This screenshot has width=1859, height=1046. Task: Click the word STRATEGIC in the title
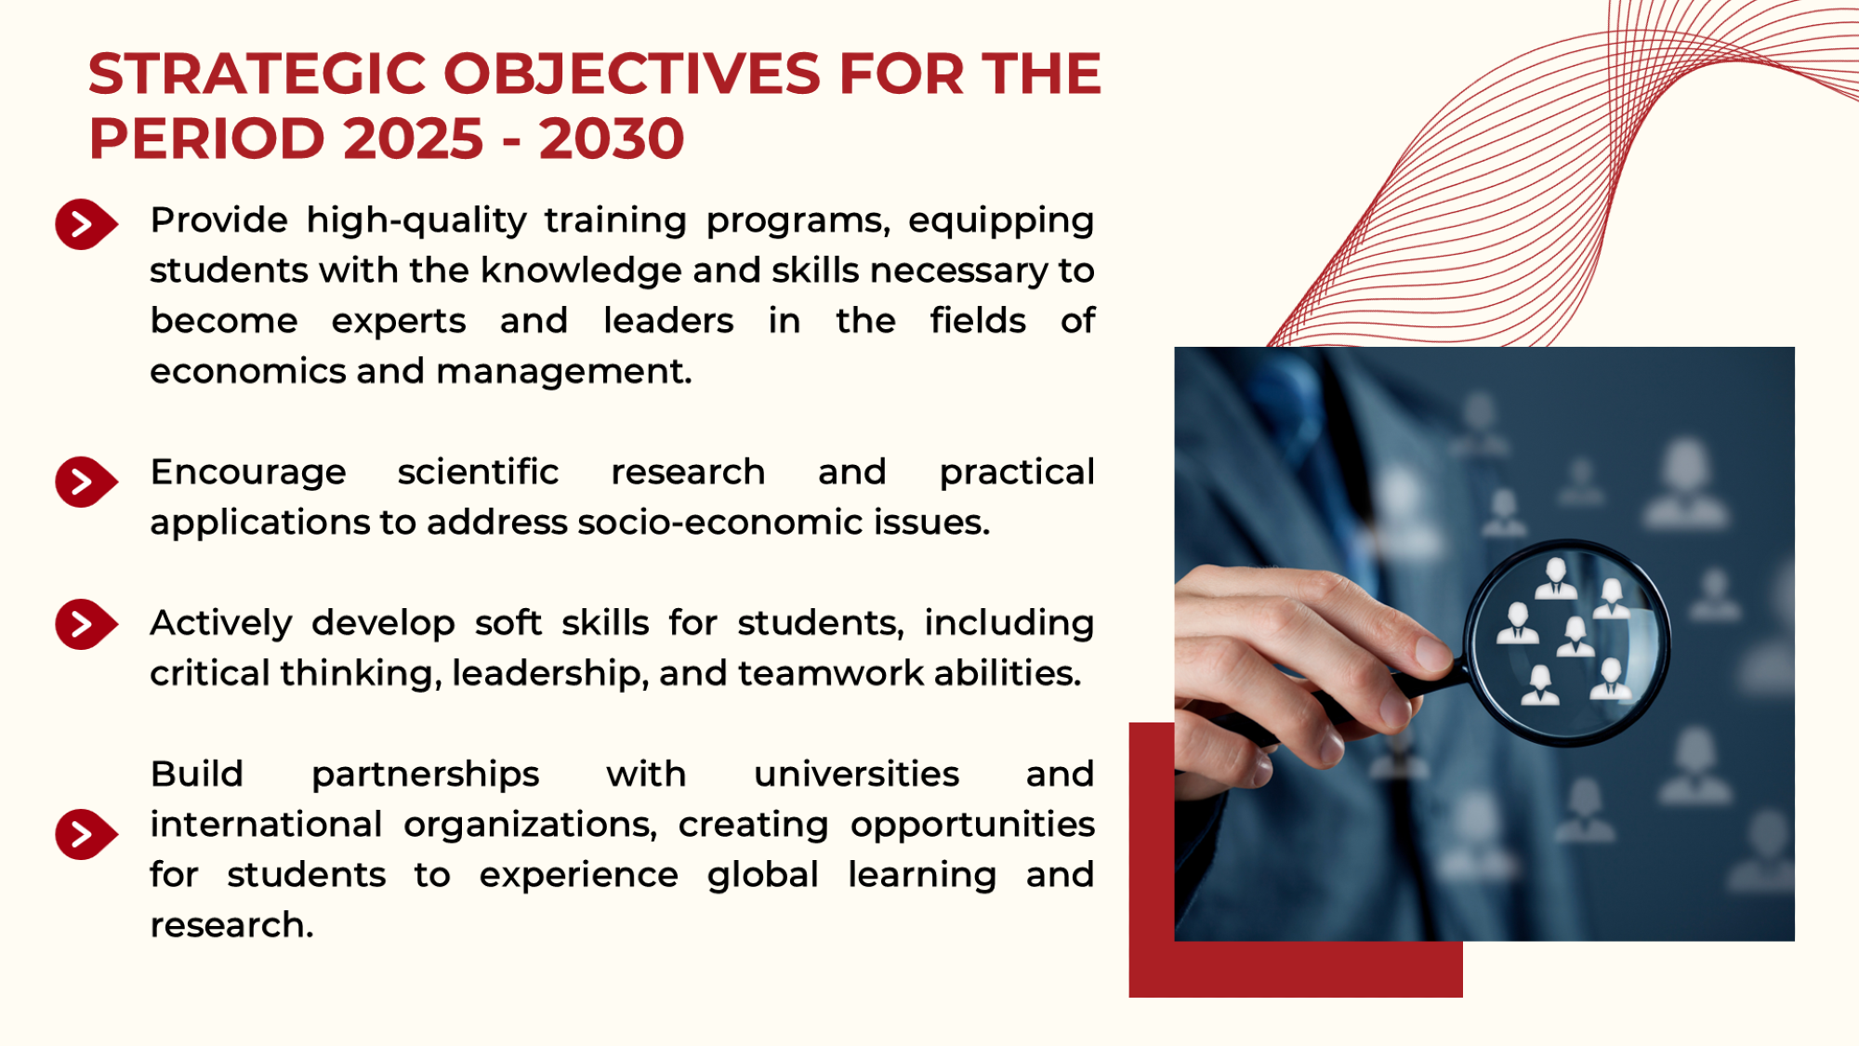pos(257,73)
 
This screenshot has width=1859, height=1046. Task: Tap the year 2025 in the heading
pos(414,139)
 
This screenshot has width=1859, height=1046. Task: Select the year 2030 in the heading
pos(612,139)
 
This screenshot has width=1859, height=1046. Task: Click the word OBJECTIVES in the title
pos(633,73)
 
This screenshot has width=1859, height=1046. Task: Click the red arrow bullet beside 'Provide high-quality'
pos(86,224)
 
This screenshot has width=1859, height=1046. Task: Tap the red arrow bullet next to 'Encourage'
pos(86,482)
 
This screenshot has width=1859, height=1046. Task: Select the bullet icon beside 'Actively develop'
pos(86,624)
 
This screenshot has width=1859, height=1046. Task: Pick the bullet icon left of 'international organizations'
pos(86,834)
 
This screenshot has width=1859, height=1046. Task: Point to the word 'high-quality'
pos(416,221)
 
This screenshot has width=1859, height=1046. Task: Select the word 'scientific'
pos(478,471)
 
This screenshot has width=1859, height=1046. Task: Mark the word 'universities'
pos(856,774)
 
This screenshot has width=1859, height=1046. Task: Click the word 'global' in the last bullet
pos(763,875)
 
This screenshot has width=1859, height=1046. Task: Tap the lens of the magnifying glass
pos(1567,642)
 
